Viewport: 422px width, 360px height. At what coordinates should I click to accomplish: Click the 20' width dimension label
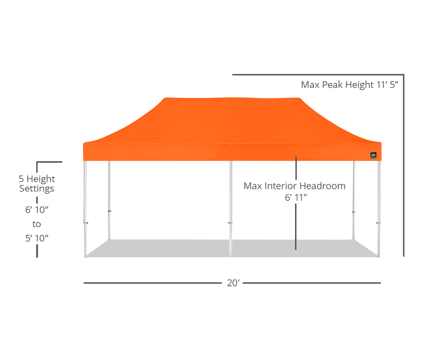tap(233, 283)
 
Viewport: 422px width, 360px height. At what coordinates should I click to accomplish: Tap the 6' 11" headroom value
tap(296, 197)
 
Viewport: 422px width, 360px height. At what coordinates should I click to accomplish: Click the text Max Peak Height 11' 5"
tap(349, 85)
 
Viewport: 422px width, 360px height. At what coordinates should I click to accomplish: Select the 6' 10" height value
tap(37, 210)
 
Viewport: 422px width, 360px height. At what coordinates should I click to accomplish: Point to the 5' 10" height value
tap(37, 238)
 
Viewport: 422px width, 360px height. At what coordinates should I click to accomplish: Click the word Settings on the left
tap(37, 189)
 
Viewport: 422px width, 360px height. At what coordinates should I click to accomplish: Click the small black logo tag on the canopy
tap(373, 155)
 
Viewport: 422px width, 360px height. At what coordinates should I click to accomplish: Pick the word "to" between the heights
tap(37, 224)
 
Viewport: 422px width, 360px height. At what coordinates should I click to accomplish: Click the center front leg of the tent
tap(231, 209)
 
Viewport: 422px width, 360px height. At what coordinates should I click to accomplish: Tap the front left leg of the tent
tap(85, 209)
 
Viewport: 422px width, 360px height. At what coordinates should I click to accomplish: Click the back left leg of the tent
tap(109, 201)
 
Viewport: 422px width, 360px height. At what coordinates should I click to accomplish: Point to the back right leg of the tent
tap(354, 201)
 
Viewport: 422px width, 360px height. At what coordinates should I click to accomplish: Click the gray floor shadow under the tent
tap(232, 248)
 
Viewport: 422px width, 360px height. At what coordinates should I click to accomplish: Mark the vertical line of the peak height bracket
tap(404, 165)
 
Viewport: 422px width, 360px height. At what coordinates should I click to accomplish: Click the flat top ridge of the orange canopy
tap(232, 98)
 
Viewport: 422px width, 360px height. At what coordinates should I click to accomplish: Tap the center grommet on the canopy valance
tap(231, 144)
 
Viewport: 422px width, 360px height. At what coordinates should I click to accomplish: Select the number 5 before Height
tap(21, 179)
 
